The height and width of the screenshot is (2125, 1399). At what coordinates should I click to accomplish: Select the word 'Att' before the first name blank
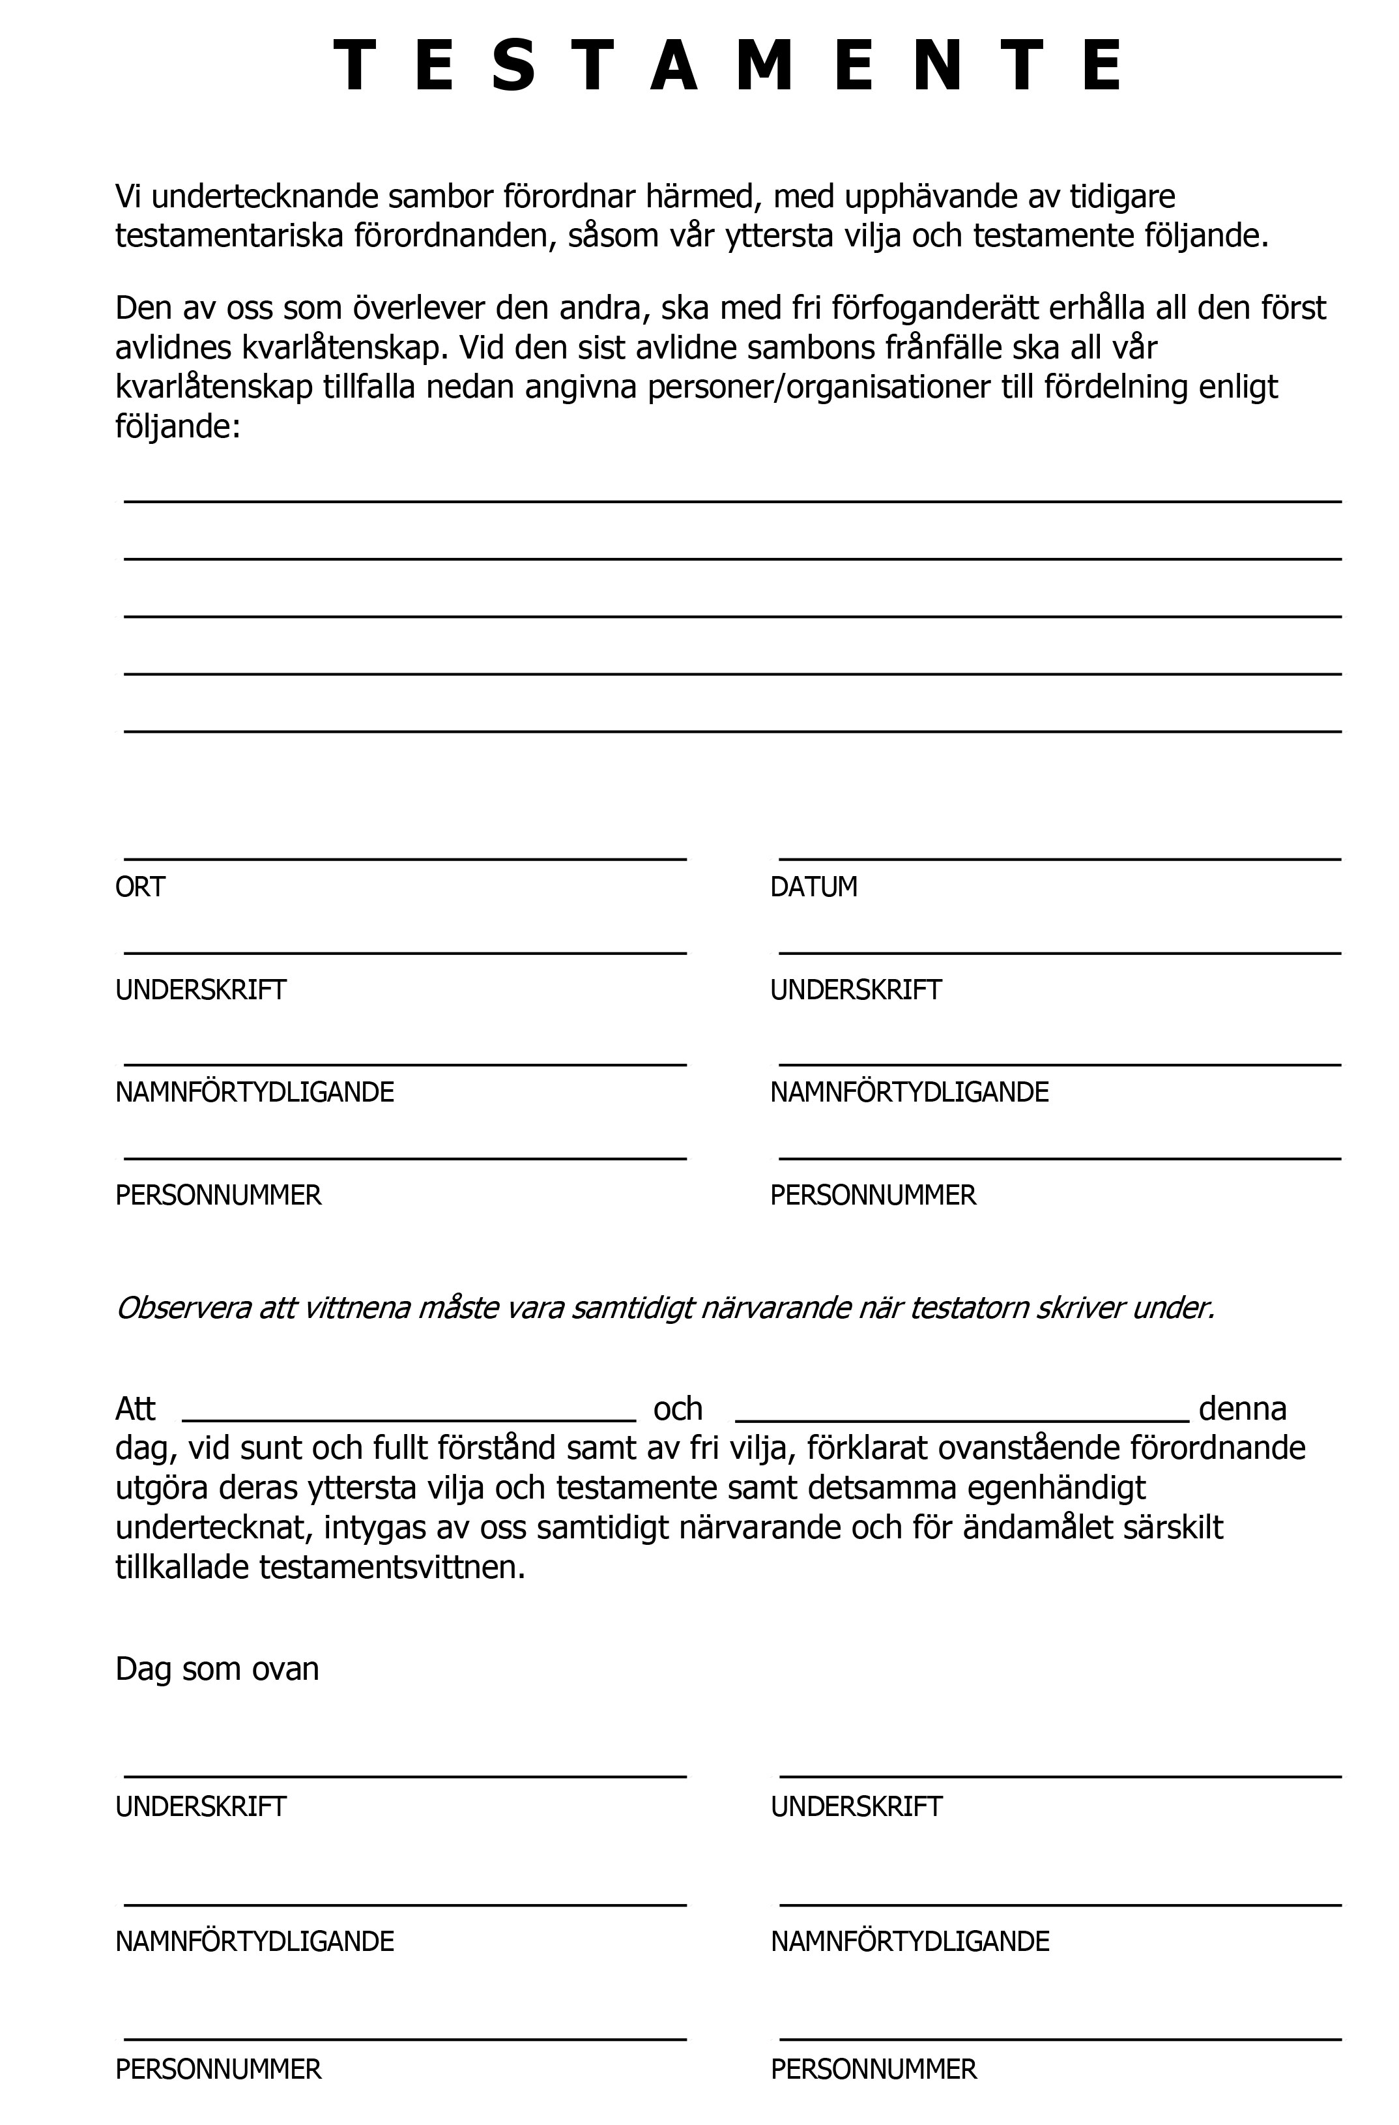136,1409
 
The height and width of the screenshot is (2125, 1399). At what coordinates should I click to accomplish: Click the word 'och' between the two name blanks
678,1409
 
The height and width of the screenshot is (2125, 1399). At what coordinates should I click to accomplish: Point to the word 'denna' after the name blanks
1242,1409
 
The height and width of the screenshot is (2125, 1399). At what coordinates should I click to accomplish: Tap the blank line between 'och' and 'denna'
962,1418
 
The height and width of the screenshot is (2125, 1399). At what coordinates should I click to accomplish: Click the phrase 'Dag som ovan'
217,1669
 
